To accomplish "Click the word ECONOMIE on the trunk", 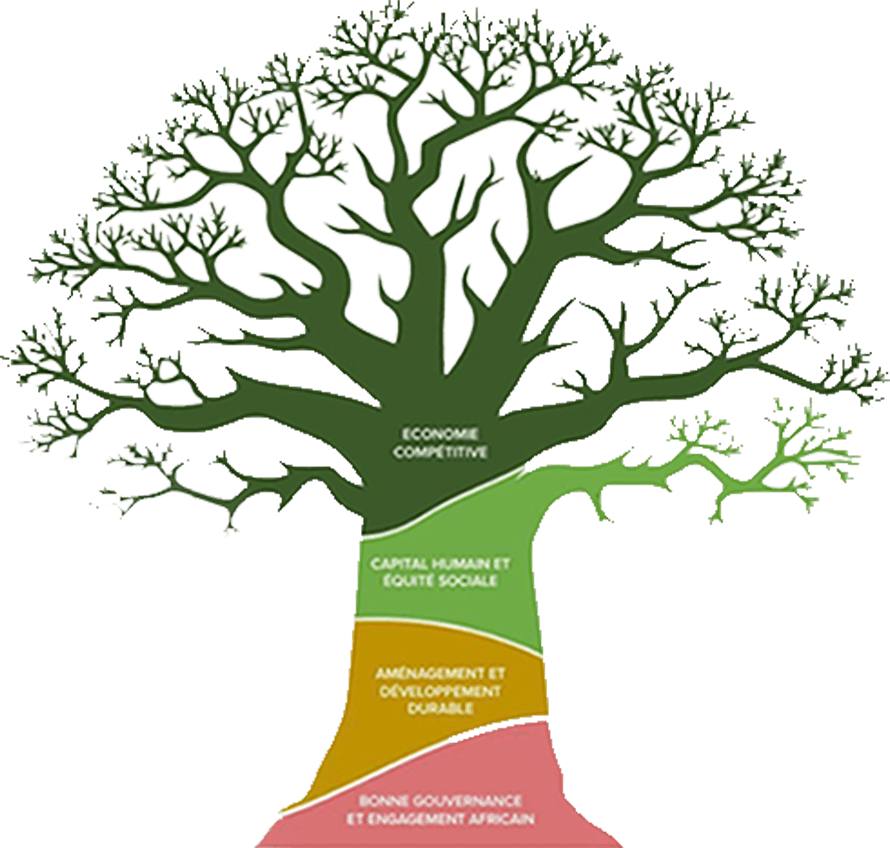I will tap(439, 434).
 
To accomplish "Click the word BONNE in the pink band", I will tap(382, 801).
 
